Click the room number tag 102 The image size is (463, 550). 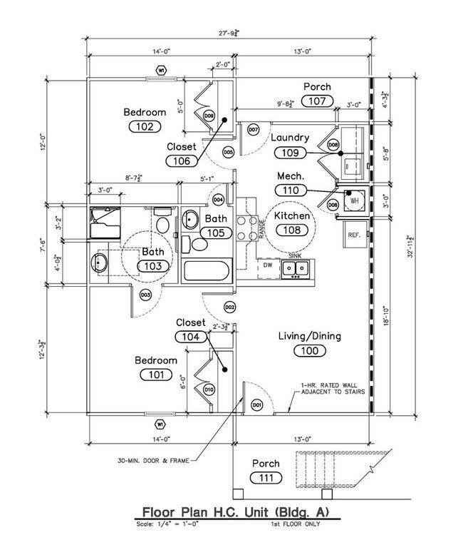(x=145, y=126)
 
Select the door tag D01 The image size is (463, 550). (x=257, y=405)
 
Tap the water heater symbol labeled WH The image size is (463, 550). (x=354, y=201)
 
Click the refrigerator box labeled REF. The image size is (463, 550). (x=354, y=234)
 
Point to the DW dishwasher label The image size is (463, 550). (x=268, y=265)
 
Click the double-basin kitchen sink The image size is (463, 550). (x=295, y=269)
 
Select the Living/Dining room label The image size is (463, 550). (x=308, y=336)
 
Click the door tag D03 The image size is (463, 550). (x=145, y=295)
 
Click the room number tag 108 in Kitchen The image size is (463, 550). (x=295, y=230)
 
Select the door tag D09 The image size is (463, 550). (x=209, y=116)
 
